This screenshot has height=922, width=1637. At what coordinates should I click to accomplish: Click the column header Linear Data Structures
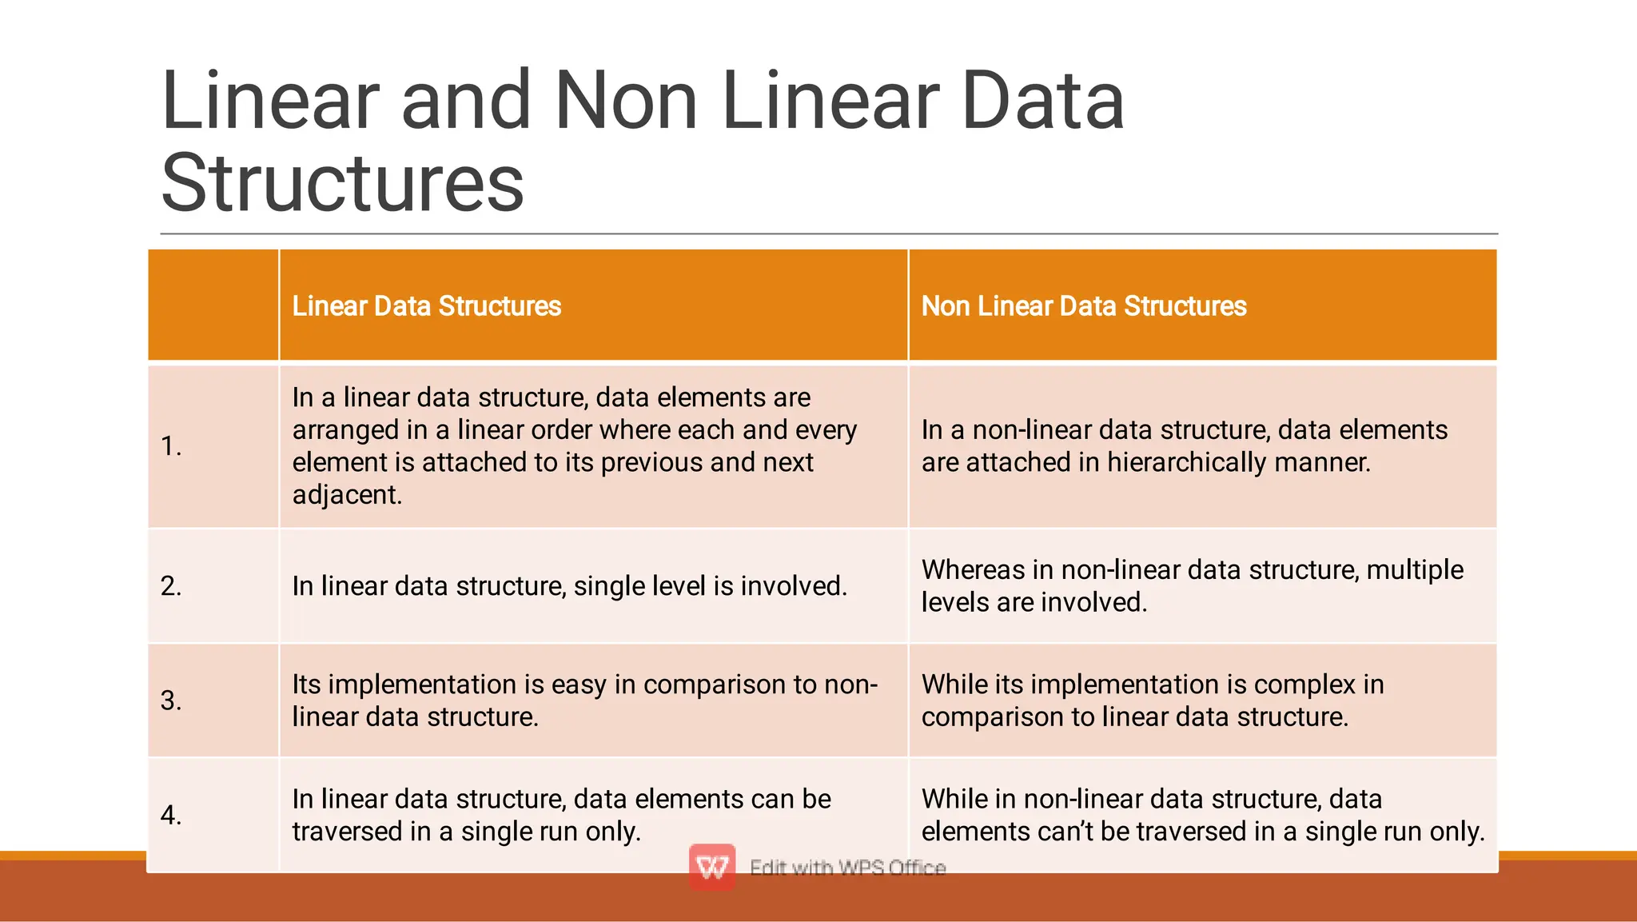point(426,306)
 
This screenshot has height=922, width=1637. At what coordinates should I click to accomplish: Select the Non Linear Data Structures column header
point(1083,306)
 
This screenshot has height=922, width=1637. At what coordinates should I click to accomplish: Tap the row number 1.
point(171,446)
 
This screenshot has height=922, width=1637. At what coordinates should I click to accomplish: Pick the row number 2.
point(171,586)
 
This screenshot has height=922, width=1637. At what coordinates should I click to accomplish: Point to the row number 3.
point(171,700)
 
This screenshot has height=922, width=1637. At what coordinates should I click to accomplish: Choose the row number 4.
point(171,815)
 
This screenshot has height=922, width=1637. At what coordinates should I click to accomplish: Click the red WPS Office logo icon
point(712,867)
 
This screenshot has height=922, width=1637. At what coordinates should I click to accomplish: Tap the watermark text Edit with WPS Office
point(847,868)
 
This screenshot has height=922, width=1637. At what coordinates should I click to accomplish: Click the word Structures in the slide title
point(342,183)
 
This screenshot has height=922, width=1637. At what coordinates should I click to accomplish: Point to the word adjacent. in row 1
point(347,495)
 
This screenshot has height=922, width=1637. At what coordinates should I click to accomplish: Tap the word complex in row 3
point(1306,685)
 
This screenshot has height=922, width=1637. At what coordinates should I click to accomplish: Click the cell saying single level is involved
point(569,586)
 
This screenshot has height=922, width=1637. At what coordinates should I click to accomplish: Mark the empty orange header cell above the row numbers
point(213,305)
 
